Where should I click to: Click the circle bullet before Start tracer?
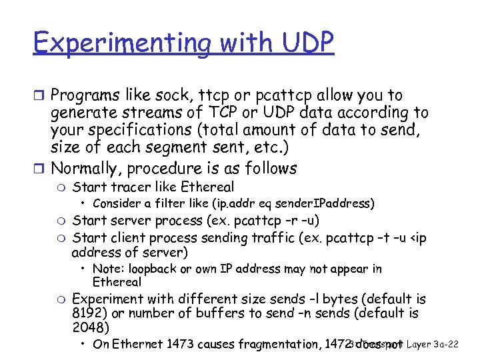[x=62, y=187]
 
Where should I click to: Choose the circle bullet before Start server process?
[x=62, y=221]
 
